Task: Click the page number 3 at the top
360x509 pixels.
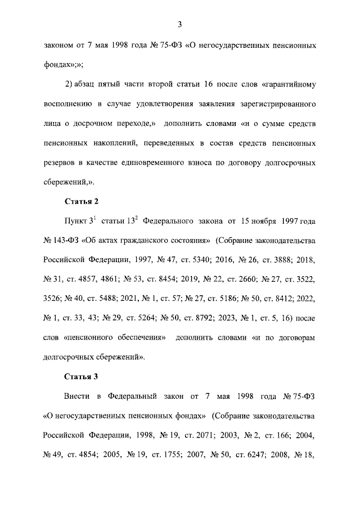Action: point(179,24)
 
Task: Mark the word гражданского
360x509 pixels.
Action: point(152,241)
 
